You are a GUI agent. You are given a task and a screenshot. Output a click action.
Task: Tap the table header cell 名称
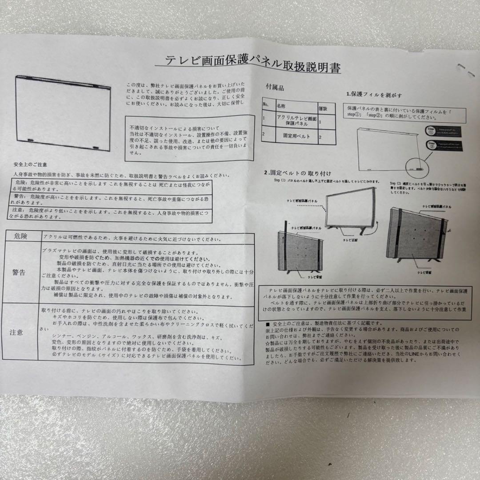(x=282, y=107)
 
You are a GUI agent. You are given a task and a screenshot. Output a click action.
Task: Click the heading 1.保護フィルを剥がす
(x=374, y=95)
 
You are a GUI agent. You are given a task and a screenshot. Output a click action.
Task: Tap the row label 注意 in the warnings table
(x=17, y=332)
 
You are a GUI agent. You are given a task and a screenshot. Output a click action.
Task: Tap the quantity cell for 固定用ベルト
(x=320, y=138)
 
